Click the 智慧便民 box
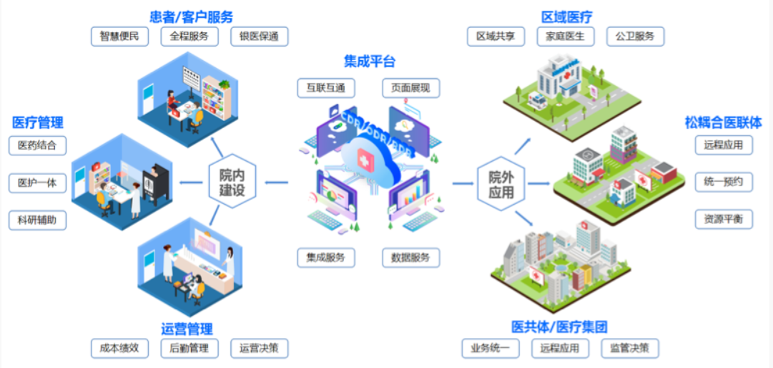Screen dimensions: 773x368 tap(120, 37)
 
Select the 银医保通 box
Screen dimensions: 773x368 tap(260, 37)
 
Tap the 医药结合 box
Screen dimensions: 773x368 tap(37, 145)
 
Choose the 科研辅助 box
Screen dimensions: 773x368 tap(37, 220)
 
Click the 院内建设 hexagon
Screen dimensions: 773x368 tap(232, 183)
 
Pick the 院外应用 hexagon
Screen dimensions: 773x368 tap(501, 184)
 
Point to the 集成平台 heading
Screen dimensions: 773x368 tap(370, 61)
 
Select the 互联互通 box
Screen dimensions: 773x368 tap(326, 88)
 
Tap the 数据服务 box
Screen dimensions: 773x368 tap(410, 258)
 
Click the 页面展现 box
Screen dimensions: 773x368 tap(410, 88)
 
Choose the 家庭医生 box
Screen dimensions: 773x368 tap(566, 37)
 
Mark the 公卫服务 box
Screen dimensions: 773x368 tap(636, 37)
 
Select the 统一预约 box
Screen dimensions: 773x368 tap(724, 183)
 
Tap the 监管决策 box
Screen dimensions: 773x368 tap(630, 348)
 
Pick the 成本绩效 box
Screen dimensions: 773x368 tap(120, 348)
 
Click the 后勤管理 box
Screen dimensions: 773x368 tap(189, 348)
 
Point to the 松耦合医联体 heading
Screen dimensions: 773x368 tap(723, 122)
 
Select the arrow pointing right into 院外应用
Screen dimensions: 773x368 tap(463, 183)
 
